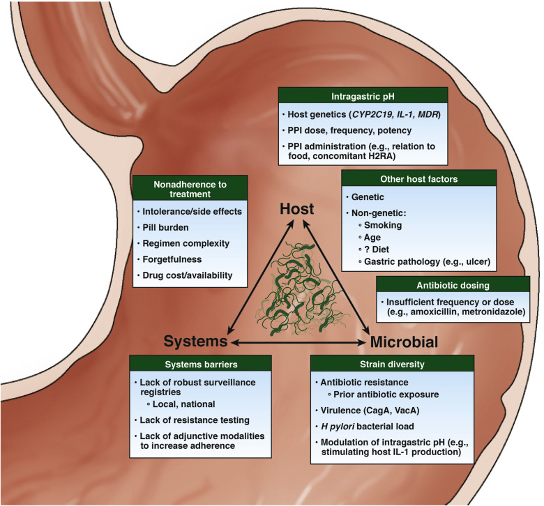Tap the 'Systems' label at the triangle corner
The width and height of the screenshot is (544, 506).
[197, 342]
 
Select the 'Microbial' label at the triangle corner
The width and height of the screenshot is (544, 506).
[405, 342]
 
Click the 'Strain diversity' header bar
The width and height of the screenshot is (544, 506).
[386, 365]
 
